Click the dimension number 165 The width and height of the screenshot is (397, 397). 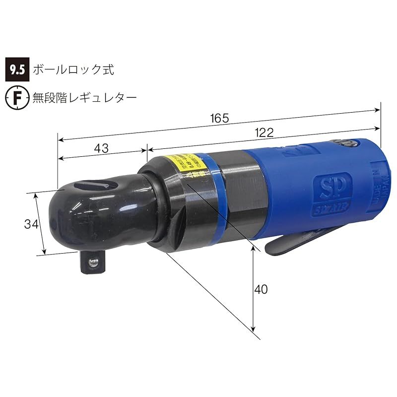tap(219, 119)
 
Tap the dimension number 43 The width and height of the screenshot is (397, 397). tap(101, 148)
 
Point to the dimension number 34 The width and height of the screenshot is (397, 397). tap(31, 224)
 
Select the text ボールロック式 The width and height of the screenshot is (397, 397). tap(73, 69)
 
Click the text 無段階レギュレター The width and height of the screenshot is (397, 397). tap(84, 97)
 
